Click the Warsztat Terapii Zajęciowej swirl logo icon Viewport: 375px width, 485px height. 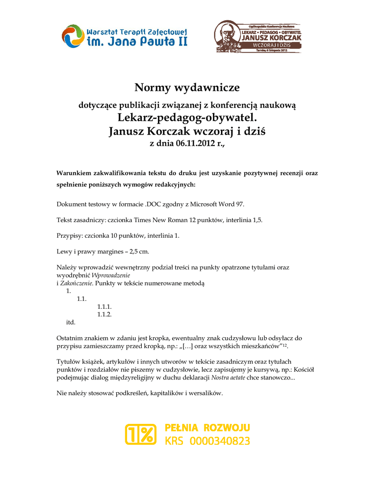73,36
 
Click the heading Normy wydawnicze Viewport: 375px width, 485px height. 187,88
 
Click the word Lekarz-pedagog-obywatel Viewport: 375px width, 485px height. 187,117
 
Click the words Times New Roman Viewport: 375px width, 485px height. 156,220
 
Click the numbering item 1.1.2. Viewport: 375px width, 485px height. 104,314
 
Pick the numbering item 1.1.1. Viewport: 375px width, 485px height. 104,307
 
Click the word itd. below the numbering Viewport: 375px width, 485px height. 70,323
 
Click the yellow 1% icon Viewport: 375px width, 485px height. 140,434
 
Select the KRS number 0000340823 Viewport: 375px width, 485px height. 220,441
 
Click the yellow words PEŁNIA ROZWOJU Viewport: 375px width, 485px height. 207,428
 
